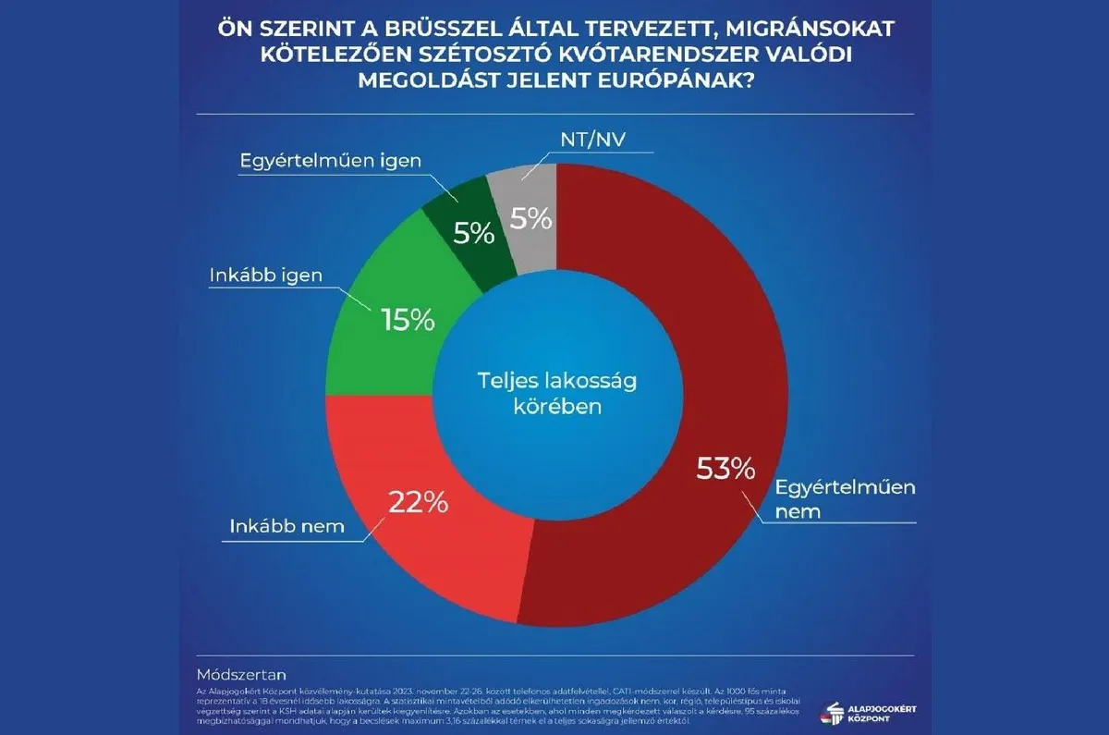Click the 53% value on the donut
tap(725, 470)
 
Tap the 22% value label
tap(418, 502)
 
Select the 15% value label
tap(408, 320)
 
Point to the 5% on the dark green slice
tap(474, 233)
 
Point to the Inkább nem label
tap(286, 528)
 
